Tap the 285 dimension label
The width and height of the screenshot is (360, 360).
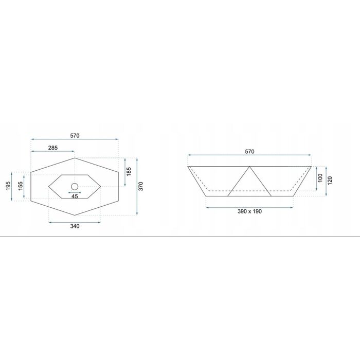[53, 148]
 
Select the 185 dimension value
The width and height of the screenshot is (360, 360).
[129, 171]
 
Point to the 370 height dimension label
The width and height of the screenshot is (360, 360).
[141, 186]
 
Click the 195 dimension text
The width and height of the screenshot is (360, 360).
[8, 186]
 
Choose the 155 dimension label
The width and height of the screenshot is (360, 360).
[21, 186]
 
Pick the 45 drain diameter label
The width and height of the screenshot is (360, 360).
[75, 196]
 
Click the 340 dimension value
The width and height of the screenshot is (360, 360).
[75, 226]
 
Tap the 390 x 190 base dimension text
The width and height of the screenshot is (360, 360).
[249, 211]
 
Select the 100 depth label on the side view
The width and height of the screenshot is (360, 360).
[320, 178]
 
